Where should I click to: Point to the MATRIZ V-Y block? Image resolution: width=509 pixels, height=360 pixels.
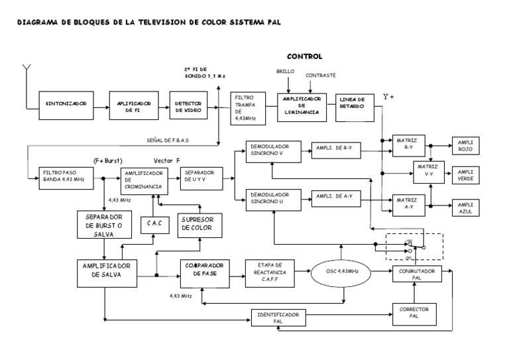(429, 172)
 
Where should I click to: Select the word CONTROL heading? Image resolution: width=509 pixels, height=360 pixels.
(304, 56)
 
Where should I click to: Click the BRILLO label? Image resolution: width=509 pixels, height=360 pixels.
(285, 70)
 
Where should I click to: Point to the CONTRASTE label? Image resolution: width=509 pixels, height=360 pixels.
(321, 76)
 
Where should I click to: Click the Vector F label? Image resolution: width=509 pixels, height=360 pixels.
(167, 160)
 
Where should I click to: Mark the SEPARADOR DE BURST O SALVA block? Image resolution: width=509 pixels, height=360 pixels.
(105, 224)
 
